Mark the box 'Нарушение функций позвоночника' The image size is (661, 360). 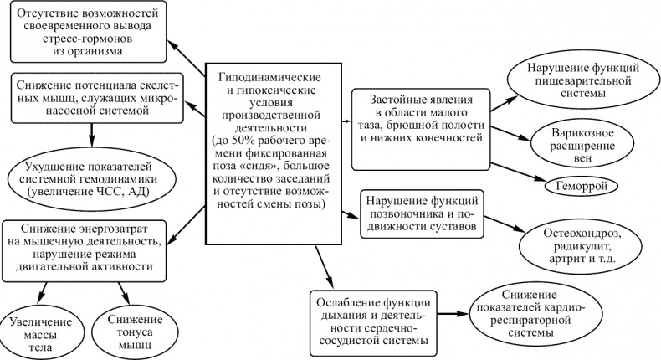423,214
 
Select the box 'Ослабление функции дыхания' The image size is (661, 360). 375,319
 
